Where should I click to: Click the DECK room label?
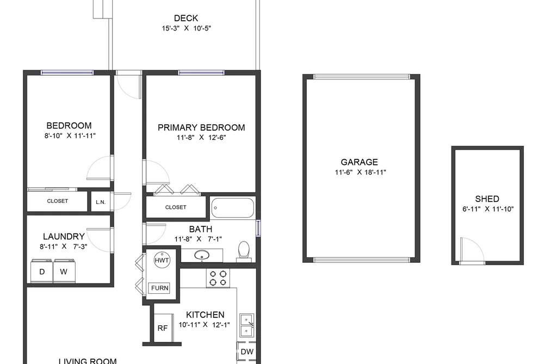pos(186,18)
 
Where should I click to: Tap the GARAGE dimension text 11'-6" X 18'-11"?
pos(360,172)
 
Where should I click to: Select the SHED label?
pos(487,199)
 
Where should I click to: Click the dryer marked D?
pos(42,271)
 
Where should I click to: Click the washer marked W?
pos(64,271)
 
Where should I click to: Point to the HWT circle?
pos(162,261)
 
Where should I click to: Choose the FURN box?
pos(159,288)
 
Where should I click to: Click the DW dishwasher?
pos(247,351)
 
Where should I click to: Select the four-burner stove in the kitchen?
pos(218,278)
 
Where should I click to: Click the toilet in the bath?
pos(244,251)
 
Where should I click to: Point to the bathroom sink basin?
pos(202,255)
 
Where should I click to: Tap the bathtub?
pos(233,208)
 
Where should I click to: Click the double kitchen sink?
pos(247,325)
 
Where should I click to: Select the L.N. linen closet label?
pos(101,202)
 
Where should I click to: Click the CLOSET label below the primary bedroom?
pos(176,207)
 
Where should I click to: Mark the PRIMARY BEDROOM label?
pos(201,127)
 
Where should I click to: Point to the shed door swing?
pos(473,249)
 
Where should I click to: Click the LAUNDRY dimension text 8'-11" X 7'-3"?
pos(64,246)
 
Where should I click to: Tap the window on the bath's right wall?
pos(258,227)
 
